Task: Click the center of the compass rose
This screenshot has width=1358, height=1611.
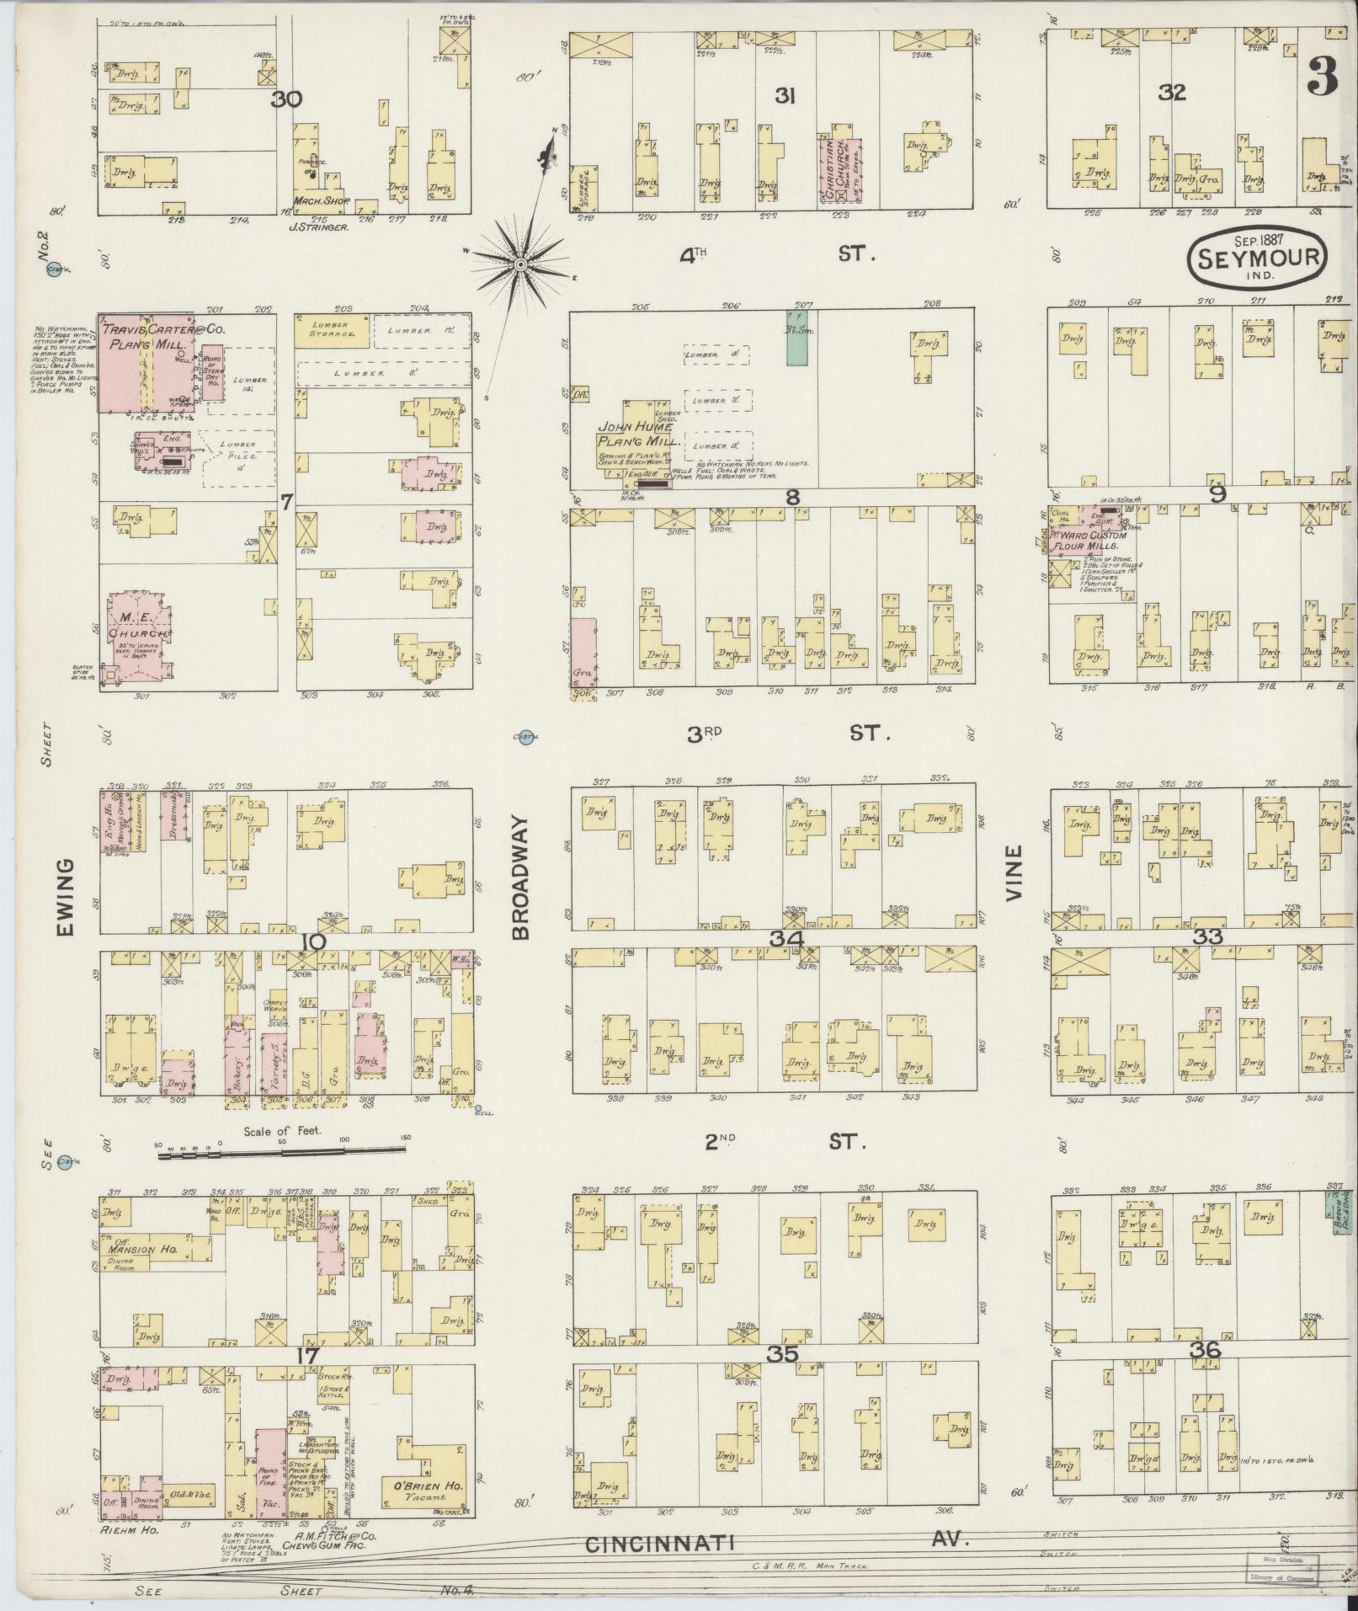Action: tap(520, 265)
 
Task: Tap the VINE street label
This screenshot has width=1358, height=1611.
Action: tap(1015, 874)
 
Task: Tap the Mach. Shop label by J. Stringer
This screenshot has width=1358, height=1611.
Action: tap(315, 201)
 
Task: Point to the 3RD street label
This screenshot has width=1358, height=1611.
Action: tap(705, 733)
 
